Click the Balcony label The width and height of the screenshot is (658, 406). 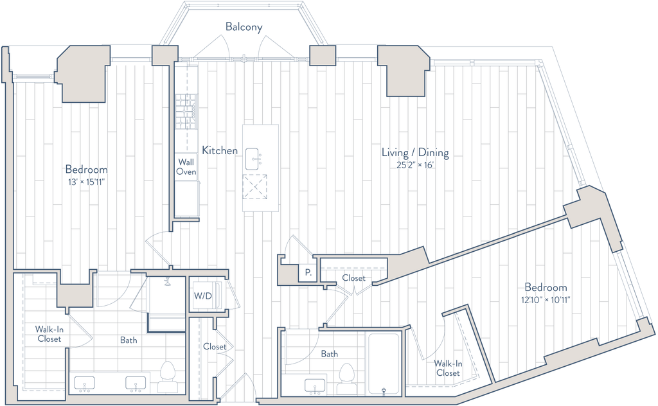(244, 27)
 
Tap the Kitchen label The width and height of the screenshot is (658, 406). (220, 150)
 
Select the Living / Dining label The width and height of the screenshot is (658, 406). (416, 154)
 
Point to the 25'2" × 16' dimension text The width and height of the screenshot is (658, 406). (416, 164)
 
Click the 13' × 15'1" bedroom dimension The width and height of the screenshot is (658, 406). (86, 181)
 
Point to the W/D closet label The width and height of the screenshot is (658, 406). (203, 297)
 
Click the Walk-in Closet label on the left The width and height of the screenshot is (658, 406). (49, 335)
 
